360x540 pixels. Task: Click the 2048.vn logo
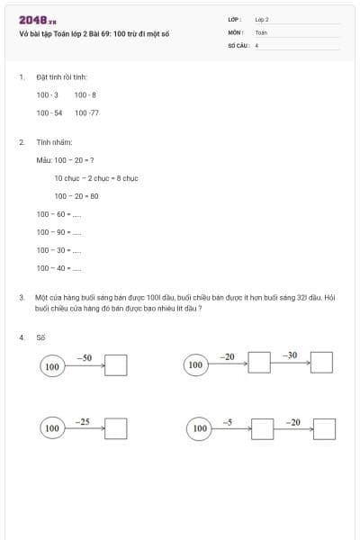pos(37,20)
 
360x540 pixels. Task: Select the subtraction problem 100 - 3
pos(48,94)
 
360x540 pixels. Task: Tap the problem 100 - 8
pos(85,94)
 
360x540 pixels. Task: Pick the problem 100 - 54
pos(49,112)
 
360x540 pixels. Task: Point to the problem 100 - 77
pos(87,112)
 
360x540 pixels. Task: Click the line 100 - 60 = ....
pos(58,214)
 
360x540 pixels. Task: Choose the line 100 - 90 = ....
pos(58,232)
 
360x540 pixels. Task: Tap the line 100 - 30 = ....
pos(58,249)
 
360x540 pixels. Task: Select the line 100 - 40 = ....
pos(58,267)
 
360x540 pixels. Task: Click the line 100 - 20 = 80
pos(76,195)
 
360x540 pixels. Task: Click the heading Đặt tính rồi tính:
pos(61,77)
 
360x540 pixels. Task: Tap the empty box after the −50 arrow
pos(116,365)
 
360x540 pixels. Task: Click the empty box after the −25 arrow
pos(115,428)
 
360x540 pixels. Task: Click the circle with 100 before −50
pos(52,366)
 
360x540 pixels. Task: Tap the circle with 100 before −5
pos(200,429)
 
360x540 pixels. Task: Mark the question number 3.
pos(21,296)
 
